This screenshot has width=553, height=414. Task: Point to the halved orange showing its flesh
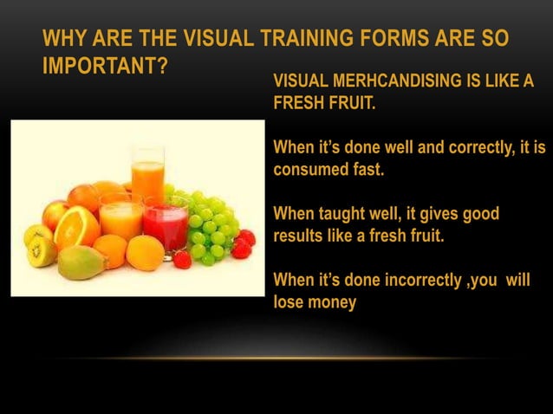(76, 227)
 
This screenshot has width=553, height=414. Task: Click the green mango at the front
(82, 262)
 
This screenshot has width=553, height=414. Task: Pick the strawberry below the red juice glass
(182, 259)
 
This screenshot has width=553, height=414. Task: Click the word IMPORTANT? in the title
(105, 66)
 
